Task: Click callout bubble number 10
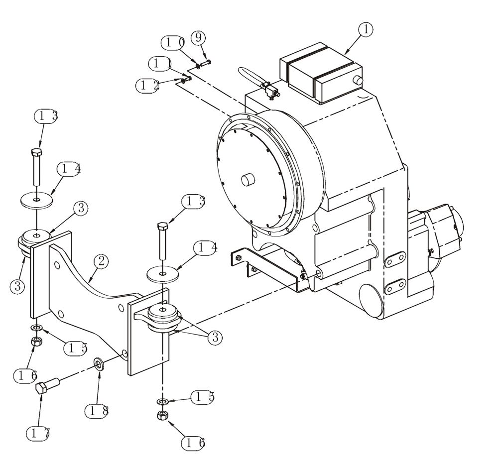tap(175, 42)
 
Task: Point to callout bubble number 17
tap(40, 433)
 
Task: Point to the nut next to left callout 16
tap(36, 342)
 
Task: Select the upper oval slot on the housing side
tap(395, 259)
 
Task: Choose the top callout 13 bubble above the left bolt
tap(46, 116)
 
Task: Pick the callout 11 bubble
tap(161, 64)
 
